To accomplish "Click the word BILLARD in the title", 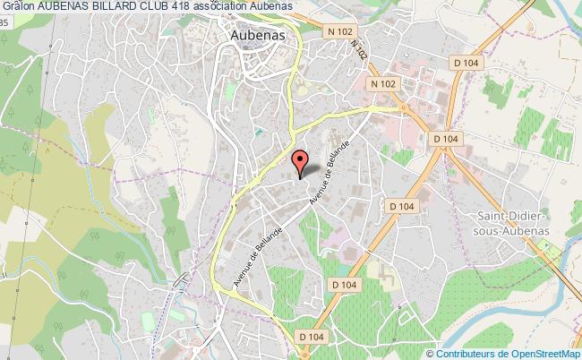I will click(119, 7).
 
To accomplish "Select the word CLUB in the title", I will click(167, 7).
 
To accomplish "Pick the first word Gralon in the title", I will click(16, 7).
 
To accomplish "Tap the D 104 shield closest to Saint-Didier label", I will click(404, 206).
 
